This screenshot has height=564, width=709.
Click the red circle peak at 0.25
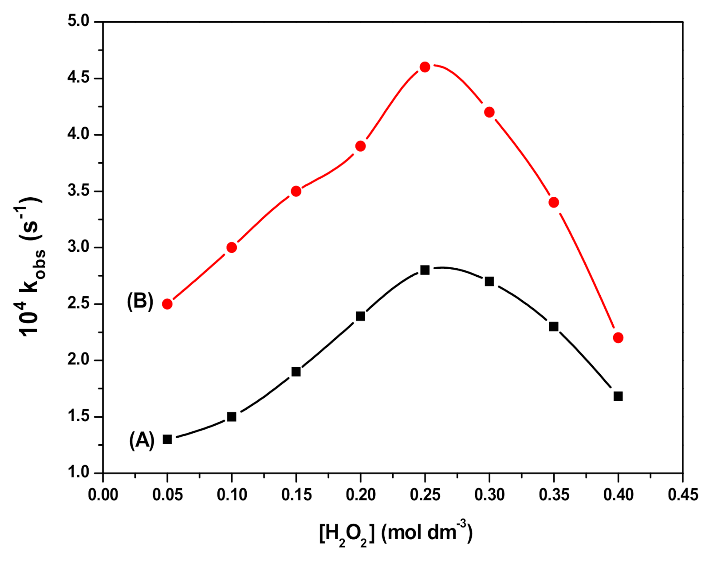tap(425, 67)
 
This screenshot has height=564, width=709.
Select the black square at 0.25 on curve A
tap(425, 270)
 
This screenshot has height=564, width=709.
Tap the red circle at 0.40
tap(618, 338)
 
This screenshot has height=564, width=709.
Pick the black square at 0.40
tap(618, 396)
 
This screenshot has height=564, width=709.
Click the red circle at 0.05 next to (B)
tap(167, 304)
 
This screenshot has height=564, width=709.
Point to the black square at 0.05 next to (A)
tap(167, 439)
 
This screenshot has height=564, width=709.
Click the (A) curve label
tap(142, 440)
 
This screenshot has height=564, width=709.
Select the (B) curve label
tap(140, 301)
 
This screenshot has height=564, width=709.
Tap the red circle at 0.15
tap(296, 191)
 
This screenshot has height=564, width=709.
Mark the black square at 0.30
tap(489, 282)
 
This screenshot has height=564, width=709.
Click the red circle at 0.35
tap(554, 202)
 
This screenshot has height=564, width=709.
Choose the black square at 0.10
tap(232, 417)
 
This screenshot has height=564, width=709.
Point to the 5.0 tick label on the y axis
tap(78, 21)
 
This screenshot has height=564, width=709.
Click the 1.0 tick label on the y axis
tap(78, 473)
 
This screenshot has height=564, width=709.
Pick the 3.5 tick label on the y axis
tap(78, 191)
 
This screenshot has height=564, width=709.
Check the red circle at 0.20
tap(360, 146)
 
